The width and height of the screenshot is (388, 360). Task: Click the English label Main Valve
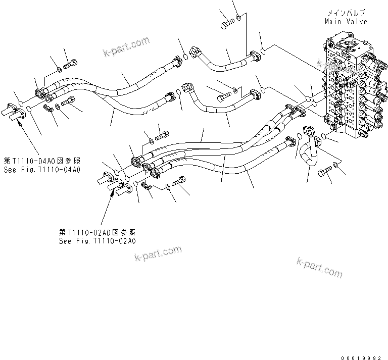(x=346, y=21)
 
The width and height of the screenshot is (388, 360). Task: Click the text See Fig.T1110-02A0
(x=97, y=241)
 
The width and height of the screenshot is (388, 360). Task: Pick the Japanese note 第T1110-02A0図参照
(x=97, y=233)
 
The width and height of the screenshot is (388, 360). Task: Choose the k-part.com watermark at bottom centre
(x=158, y=254)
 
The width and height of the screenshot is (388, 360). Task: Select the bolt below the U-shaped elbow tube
(x=324, y=172)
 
